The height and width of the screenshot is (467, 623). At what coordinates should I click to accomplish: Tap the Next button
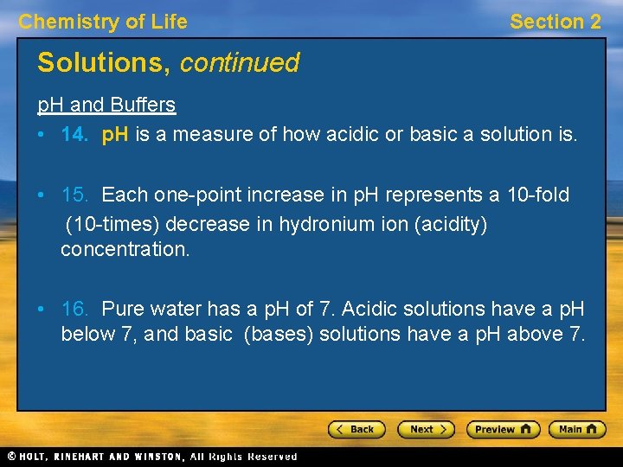pyautogui.click(x=426, y=429)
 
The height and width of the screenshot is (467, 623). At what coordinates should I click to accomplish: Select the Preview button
pyautogui.click(x=503, y=429)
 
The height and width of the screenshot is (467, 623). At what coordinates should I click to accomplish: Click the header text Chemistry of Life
pyautogui.click(x=103, y=22)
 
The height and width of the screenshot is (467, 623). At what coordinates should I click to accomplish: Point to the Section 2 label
pyautogui.click(x=555, y=22)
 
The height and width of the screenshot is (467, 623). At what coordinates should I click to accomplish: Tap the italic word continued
pyautogui.click(x=240, y=63)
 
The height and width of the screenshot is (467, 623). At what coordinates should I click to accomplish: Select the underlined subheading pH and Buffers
pyautogui.click(x=106, y=106)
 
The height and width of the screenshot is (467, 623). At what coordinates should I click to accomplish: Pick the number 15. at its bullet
pyautogui.click(x=76, y=195)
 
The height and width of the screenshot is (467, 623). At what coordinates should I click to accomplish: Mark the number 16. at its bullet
pyautogui.click(x=76, y=309)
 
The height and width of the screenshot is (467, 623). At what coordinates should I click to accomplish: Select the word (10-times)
pyautogui.click(x=113, y=225)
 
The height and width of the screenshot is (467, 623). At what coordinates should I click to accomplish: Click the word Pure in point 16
pyautogui.click(x=123, y=309)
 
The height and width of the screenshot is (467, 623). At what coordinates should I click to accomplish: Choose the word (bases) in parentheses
pyautogui.click(x=279, y=334)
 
